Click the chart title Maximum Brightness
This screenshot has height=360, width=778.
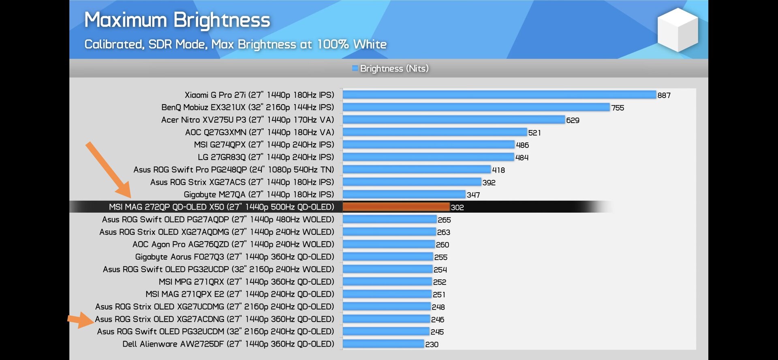(177, 20)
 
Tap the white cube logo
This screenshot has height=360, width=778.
(678, 30)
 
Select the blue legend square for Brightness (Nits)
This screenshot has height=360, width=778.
(355, 68)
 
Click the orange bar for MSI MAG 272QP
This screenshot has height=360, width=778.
(396, 207)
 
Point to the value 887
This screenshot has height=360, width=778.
(664, 95)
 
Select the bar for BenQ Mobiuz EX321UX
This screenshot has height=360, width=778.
(476, 107)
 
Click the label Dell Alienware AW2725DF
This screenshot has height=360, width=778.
(228, 344)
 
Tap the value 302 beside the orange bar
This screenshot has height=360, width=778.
(457, 207)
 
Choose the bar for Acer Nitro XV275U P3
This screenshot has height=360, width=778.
(454, 120)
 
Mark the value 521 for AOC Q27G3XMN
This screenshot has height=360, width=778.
(534, 133)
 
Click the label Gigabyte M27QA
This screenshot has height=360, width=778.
(259, 195)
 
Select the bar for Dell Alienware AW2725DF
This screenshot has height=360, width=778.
(383, 344)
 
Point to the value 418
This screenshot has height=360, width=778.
(498, 170)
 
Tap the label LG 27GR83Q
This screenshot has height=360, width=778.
(266, 157)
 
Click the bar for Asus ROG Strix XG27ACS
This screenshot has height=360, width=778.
(412, 182)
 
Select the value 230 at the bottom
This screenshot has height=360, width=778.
(432, 344)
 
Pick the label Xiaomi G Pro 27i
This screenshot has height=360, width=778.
(259, 95)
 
